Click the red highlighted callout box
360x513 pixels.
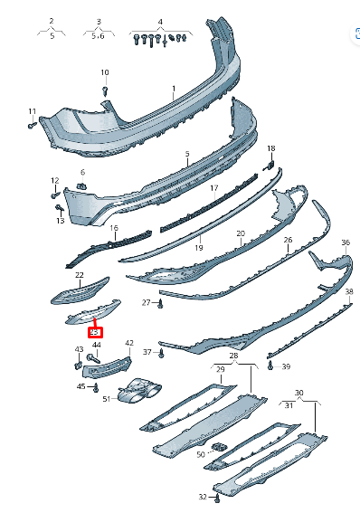pos(95,331)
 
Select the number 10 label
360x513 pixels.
pos(104,72)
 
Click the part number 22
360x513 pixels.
pos(80,274)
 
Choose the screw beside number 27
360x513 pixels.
pos(160,306)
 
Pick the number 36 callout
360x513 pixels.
pos(345,243)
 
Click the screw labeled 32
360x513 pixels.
pos(218,498)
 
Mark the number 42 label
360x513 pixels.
pos(129,343)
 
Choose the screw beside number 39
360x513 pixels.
pos(270,366)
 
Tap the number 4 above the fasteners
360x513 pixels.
pos(160,20)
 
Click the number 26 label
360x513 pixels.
pos(288,241)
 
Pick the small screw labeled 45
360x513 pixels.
pos(94,387)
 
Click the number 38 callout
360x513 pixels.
pos(348,291)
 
